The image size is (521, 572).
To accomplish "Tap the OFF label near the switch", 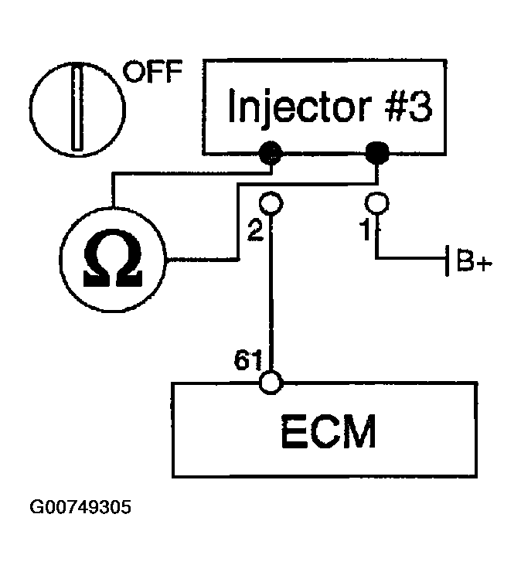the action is [x=152, y=71].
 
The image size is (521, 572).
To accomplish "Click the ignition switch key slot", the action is [x=77, y=107].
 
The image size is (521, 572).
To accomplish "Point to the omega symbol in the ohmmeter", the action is [x=112, y=257].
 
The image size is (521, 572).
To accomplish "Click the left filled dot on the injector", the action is [x=271, y=153].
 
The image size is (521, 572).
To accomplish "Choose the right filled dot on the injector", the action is [x=377, y=153].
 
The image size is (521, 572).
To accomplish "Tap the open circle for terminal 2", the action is [x=271, y=203].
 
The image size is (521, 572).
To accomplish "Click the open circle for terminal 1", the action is [x=377, y=203].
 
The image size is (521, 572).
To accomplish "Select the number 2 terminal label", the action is [x=255, y=230].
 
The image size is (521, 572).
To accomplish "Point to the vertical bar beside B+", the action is [x=447, y=260].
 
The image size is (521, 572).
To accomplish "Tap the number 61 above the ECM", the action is [x=247, y=360].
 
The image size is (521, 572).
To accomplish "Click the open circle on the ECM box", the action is [x=271, y=383].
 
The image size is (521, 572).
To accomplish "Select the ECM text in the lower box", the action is [x=328, y=431].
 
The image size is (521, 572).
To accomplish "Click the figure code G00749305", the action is [x=80, y=507].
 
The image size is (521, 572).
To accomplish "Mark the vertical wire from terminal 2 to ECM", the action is [x=271, y=293].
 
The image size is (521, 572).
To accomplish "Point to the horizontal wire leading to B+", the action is [x=410, y=258].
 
